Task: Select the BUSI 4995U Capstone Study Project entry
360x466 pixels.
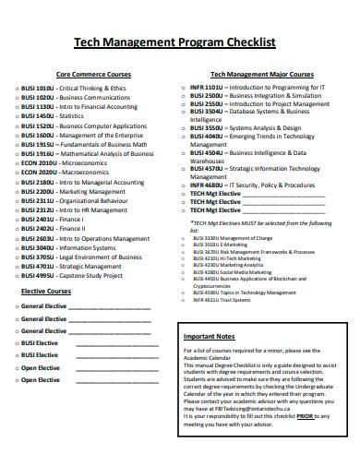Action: [x=76, y=274]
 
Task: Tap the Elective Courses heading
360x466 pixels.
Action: [x=46, y=291]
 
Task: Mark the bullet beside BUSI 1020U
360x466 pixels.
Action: [x=16, y=96]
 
